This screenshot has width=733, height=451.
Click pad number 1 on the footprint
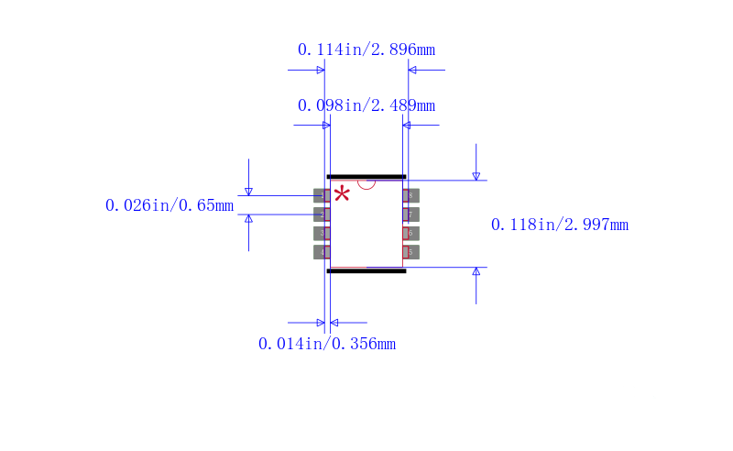pyautogui.click(x=322, y=195)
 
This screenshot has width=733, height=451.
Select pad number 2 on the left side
pyautogui.click(x=322, y=214)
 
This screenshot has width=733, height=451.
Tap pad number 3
pyautogui.click(x=322, y=233)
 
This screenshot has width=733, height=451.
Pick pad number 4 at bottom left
pyautogui.click(x=322, y=252)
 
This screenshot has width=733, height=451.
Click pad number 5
pyautogui.click(x=410, y=252)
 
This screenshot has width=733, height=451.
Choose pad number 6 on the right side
pyautogui.click(x=410, y=233)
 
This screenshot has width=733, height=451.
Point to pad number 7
pyautogui.click(x=410, y=214)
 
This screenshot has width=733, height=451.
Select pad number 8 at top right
pyautogui.click(x=410, y=195)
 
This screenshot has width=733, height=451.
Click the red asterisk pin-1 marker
pyautogui.click(x=342, y=193)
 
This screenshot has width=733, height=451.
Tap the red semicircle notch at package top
pyautogui.click(x=366, y=183)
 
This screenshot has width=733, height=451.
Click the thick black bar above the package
pyautogui.click(x=366, y=176)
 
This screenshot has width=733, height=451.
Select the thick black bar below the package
pyautogui.click(x=366, y=271)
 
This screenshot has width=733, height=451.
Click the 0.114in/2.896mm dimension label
pyautogui.click(x=366, y=49)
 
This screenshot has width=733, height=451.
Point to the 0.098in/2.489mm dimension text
pyautogui.click(x=366, y=105)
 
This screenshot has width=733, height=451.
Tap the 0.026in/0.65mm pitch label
pyautogui.click(x=170, y=205)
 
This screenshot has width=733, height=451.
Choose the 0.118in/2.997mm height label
pyautogui.click(x=560, y=225)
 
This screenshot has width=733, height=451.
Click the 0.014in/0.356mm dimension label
pyautogui.click(x=327, y=344)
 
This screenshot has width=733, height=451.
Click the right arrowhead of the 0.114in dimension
pyautogui.click(x=412, y=70)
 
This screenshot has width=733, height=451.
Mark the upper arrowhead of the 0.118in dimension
pyautogui.click(x=476, y=175)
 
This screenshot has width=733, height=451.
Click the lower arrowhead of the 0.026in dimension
pyautogui.click(x=248, y=219)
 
